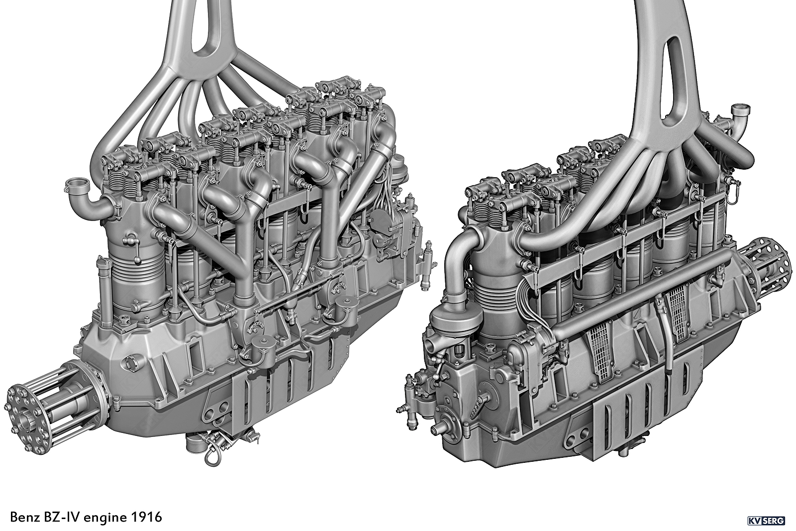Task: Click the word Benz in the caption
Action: (x=25, y=517)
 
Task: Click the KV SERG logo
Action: (x=771, y=521)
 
